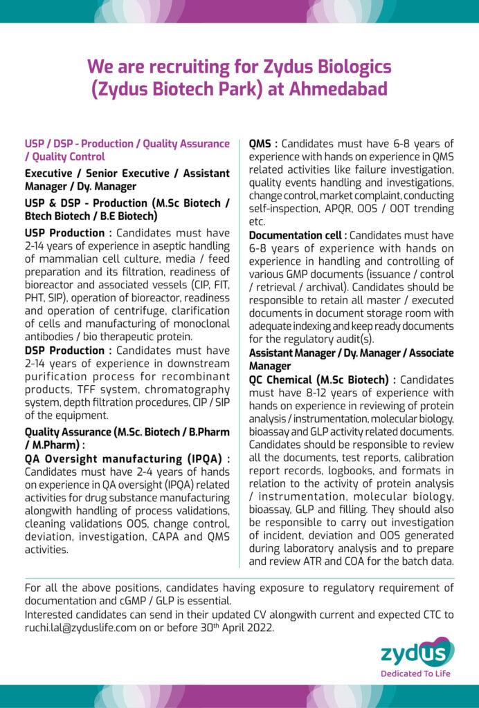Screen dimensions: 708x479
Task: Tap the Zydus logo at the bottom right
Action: click(417, 652)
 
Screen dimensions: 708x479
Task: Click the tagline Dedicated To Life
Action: click(417, 672)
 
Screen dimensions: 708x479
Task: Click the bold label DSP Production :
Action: click(64, 350)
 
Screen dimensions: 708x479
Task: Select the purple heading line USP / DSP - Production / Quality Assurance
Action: click(127, 143)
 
